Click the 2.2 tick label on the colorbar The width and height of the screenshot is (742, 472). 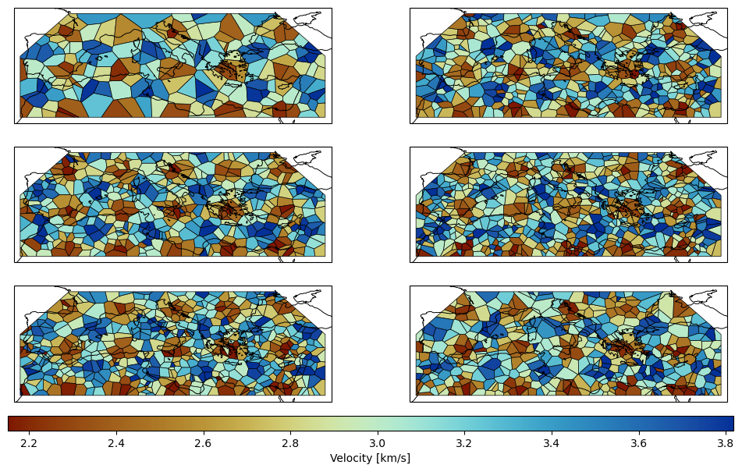point(30,444)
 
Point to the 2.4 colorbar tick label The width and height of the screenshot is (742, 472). point(116,444)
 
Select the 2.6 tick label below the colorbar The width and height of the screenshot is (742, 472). point(204,444)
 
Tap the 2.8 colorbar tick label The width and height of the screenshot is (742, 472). point(290,444)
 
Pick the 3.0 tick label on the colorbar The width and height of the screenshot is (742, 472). point(377,444)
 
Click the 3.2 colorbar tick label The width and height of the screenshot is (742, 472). point(464,444)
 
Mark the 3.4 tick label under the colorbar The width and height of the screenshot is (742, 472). point(552,444)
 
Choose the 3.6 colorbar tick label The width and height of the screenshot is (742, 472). point(639,444)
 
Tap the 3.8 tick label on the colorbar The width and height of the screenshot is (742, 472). point(726,444)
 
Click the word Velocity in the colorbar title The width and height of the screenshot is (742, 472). point(350,458)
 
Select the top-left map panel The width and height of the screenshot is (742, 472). point(173,66)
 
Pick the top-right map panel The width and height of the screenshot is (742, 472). point(569,66)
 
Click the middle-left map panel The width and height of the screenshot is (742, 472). point(173,204)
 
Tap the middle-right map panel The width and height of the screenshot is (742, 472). point(569,204)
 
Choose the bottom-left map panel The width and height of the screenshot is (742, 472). point(173,344)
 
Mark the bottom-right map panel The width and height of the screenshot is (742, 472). point(569,344)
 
